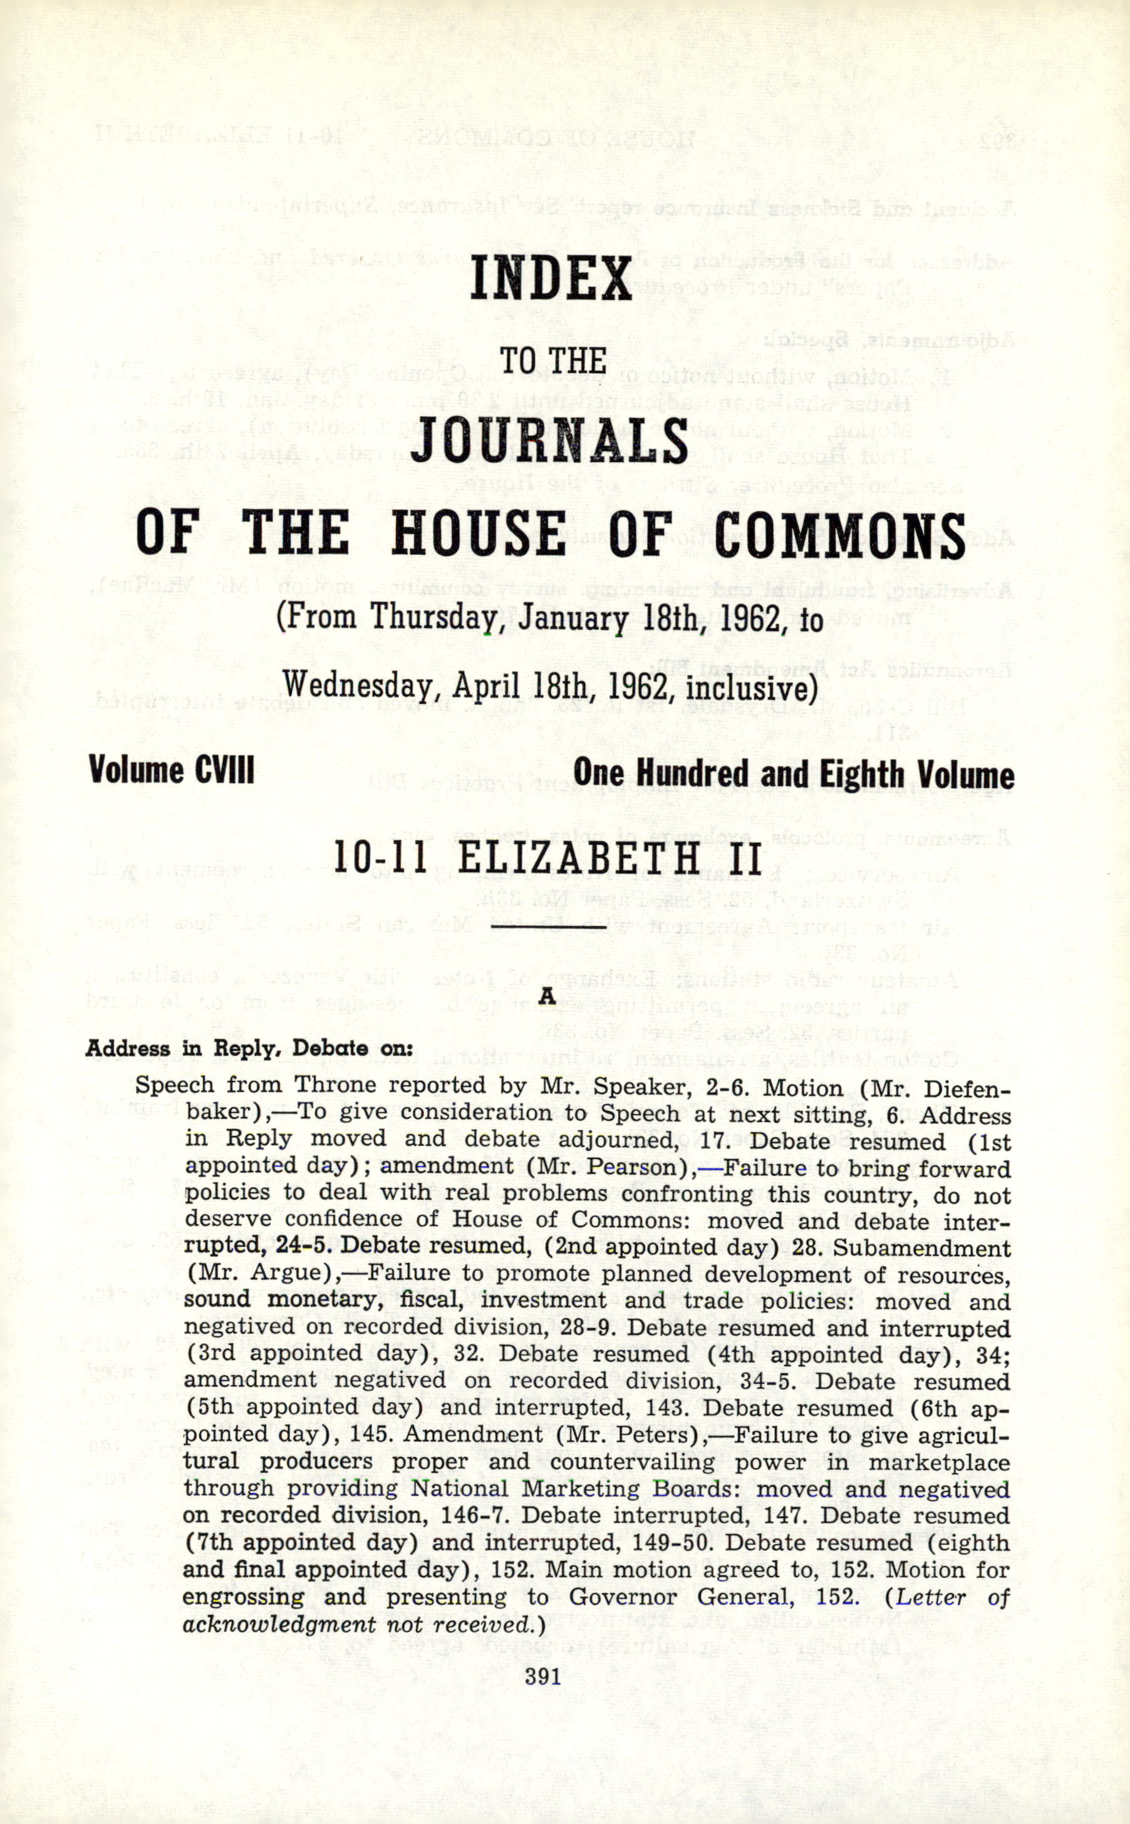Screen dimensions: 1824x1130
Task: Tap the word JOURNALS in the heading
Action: (x=549, y=441)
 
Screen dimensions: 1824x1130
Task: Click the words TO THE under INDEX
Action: (x=552, y=361)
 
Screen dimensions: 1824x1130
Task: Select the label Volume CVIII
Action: (x=172, y=770)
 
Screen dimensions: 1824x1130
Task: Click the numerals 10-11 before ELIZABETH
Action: (x=380, y=859)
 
